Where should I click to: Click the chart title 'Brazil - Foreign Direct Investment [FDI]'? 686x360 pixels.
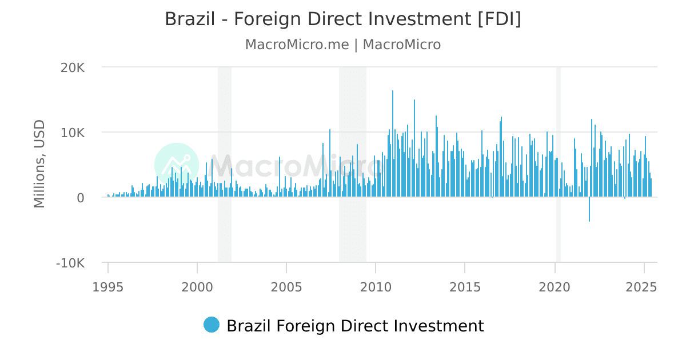coord(343,19)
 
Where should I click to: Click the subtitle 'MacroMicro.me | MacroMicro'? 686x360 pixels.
coord(343,45)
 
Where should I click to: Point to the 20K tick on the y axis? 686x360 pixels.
coord(73,67)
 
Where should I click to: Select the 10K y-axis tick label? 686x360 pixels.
coord(73,133)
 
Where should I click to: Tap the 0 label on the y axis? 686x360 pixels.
coord(81,198)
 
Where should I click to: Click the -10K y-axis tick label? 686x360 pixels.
coord(70,263)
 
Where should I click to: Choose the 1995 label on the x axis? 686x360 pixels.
coord(107,286)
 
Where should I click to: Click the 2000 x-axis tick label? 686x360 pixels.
coord(197,286)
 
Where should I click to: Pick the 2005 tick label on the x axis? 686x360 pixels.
coord(286,286)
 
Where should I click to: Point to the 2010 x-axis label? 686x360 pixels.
coord(376,286)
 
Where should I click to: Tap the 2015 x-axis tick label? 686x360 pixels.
coord(465,286)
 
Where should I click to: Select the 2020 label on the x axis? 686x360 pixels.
coord(555,286)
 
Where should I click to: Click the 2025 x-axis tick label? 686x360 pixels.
coord(644,286)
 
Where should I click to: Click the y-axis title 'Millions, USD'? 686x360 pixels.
coord(39,164)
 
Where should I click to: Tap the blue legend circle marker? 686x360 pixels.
coord(212,325)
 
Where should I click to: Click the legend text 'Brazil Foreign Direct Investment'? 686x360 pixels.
coord(355,326)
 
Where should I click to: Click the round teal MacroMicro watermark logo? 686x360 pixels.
coord(177,165)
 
